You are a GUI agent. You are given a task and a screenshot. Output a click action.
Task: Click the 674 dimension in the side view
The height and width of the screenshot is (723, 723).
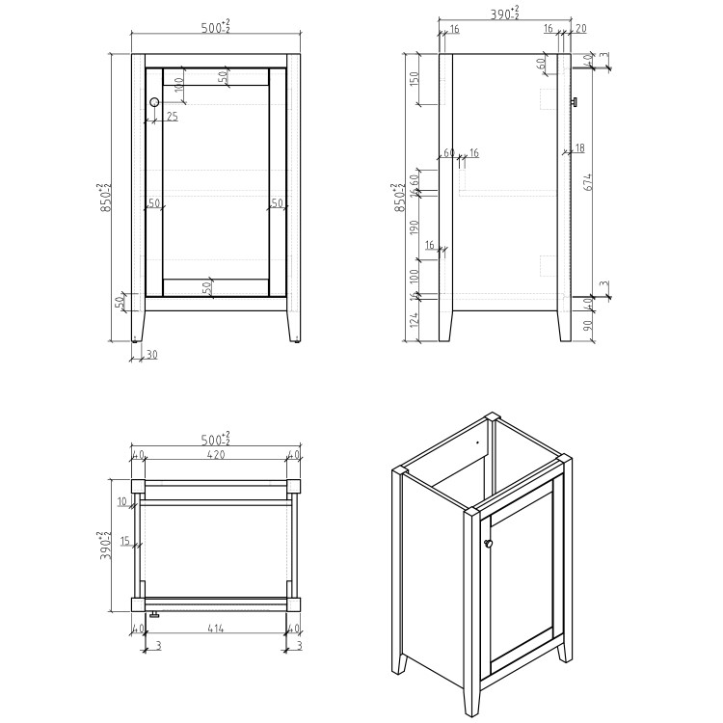pos(587,181)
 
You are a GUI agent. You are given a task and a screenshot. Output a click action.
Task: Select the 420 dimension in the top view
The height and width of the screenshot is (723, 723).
pos(215,455)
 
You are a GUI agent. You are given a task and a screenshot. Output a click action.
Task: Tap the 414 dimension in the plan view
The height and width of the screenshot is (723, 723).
pos(215,629)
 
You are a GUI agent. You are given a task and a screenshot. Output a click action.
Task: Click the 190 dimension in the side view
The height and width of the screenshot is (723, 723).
pos(415,228)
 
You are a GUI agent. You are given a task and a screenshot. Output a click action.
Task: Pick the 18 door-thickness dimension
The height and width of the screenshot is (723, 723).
pos(579,147)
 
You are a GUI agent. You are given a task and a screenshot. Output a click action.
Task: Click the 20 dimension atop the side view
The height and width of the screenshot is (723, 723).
pos(579,29)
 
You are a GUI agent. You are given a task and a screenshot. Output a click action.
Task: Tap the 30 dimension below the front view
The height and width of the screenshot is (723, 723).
pos(151,355)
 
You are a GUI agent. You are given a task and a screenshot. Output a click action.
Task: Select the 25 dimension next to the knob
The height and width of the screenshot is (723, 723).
pos(172,117)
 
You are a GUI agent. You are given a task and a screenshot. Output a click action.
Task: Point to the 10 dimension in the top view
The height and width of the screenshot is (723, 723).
pos(122,501)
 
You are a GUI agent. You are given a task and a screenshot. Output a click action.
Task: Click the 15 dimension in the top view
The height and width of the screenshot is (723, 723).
pos(124,541)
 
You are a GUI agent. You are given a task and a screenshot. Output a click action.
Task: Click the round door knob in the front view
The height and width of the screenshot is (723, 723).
pos(154,102)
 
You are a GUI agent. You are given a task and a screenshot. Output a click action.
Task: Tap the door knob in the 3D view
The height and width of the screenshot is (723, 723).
pos(489,545)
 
